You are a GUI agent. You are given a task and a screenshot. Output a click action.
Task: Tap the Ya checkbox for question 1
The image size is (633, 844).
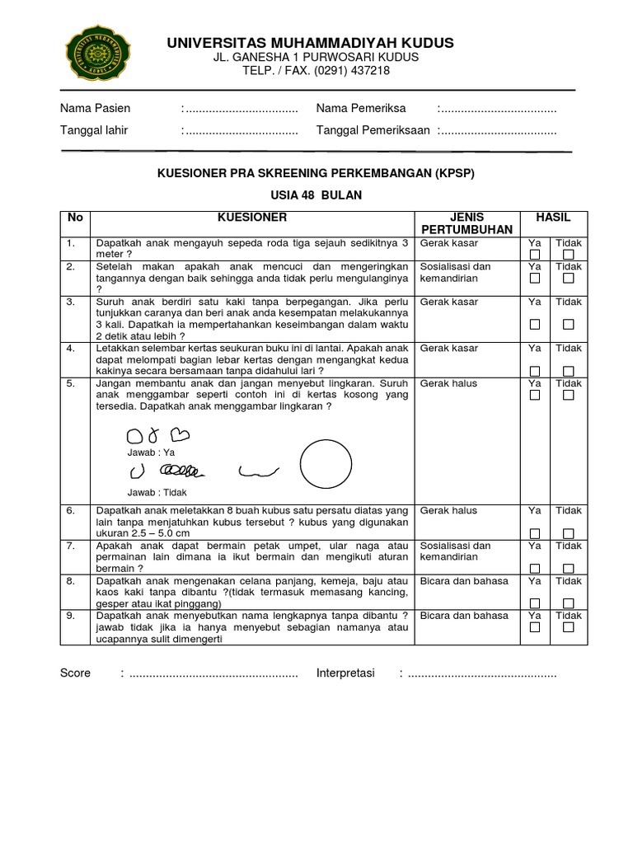pyautogui.click(x=535, y=256)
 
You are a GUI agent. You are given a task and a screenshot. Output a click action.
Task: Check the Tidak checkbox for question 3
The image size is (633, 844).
pyautogui.click(x=568, y=325)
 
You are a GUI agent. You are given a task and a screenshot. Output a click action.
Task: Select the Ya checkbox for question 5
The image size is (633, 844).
pyautogui.click(x=535, y=396)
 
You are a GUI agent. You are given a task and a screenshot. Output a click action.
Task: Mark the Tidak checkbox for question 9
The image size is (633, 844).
pyautogui.click(x=568, y=628)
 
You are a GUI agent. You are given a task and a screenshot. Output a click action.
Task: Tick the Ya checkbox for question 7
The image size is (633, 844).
pyautogui.click(x=535, y=569)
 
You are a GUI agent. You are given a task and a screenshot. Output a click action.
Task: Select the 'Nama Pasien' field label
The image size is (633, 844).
pyautogui.click(x=96, y=109)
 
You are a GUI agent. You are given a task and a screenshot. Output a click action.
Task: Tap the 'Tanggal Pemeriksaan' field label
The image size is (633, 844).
pyautogui.click(x=373, y=130)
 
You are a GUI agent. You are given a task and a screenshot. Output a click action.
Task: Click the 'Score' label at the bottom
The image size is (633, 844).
pyautogui.click(x=75, y=673)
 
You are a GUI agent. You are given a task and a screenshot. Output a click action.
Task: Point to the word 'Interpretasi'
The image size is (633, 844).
pyautogui.click(x=345, y=673)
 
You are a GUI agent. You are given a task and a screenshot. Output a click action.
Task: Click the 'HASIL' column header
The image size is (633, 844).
pyautogui.click(x=553, y=218)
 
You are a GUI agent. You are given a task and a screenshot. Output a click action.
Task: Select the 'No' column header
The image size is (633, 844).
pyautogui.click(x=75, y=218)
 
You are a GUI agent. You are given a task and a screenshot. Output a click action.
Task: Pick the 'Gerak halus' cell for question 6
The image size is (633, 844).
pyautogui.click(x=448, y=511)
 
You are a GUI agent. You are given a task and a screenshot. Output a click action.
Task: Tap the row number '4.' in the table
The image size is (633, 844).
pyautogui.click(x=72, y=349)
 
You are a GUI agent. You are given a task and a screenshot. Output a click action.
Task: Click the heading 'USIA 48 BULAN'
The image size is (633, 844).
pyautogui.click(x=316, y=195)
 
